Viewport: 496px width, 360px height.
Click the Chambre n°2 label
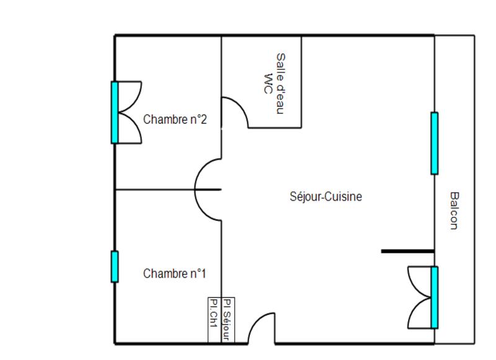pos(174,120)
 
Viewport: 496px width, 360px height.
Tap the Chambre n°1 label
pos(174,273)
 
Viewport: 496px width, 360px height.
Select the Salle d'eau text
pos(281,83)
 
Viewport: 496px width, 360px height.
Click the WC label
pos(268,83)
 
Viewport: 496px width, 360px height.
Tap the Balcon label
pos(454,210)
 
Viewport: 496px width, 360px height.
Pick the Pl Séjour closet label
pos(227,320)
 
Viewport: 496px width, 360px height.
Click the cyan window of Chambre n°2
pos(115,112)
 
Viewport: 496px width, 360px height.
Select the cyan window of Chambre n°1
pos(115,266)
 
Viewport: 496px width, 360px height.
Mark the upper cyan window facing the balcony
pos(434,143)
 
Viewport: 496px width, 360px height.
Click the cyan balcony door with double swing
pos(434,297)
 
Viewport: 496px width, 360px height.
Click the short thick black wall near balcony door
pos(407,252)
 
